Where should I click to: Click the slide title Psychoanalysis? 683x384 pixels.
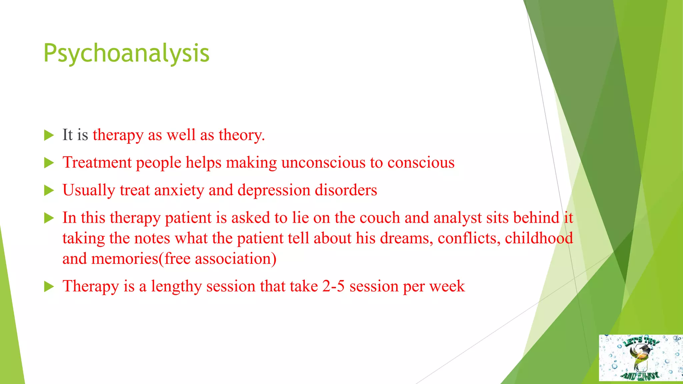[x=126, y=53]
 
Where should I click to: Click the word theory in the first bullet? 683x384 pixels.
[x=241, y=135]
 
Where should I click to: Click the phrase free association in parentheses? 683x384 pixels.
[x=218, y=259]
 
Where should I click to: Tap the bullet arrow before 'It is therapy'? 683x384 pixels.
[x=49, y=135]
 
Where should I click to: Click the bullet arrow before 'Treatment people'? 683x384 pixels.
[x=49, y=163]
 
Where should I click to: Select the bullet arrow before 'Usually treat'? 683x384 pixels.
[x=49, y=191]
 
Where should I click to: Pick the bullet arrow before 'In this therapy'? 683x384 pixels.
[x=49, y=218]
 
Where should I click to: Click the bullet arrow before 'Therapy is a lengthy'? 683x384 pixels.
[x=49, y=287]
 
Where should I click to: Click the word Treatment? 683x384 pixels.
[x=97, y=163]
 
